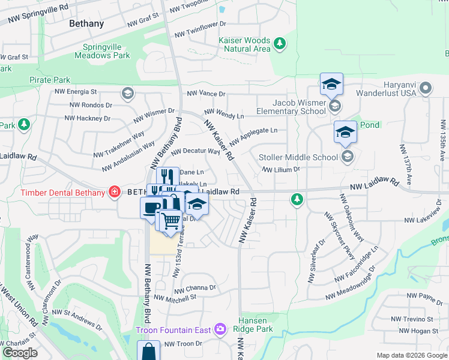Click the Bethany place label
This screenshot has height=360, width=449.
(x=86, y=24)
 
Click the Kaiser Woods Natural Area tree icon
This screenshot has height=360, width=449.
(x=279, y=43)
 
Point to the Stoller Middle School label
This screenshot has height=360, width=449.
(x=298, y=157)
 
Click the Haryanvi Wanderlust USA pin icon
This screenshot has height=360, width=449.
(x=426, y=88)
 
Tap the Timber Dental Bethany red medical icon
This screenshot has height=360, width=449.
(x=113, y=192)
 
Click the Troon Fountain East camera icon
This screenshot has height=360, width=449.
(x=220, y=329)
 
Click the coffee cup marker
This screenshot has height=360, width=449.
(x=151, y=208)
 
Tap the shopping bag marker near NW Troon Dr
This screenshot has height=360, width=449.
(x=148, y=350)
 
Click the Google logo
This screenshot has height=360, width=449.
(x=20, y=353)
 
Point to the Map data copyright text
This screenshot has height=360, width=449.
(x=412, y=355)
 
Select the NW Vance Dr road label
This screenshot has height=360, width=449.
(x=206, y=94)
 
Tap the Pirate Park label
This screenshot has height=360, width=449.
(x=50, y=80)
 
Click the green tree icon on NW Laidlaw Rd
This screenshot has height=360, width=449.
(x=296, y=199)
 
